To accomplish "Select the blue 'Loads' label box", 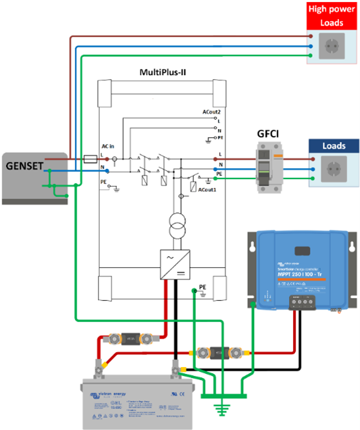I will coord(333,146).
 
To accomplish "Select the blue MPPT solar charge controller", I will coord(301,268).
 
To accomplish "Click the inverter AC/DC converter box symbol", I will coord(173,264).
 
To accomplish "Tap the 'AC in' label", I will coord(109,146).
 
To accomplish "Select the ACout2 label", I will coord(211,111).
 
